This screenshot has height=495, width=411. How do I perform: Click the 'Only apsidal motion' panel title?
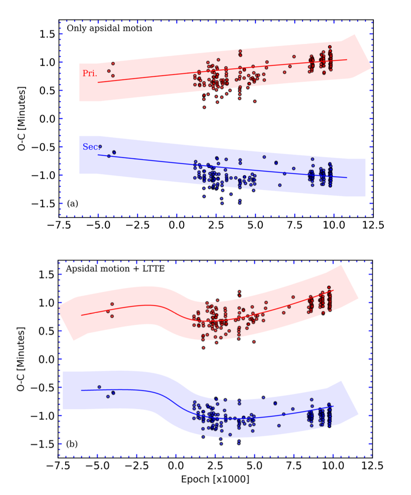click(x=109, y=28)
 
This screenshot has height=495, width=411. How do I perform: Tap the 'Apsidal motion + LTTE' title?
click(x=115, y=269)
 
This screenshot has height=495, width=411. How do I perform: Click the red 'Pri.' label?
click(x=90, y=73)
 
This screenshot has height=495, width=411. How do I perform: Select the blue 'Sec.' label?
click(x=91, y=147)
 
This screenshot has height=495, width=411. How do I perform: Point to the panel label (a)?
click(x=73, y=203)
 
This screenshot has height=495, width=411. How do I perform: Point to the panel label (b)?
click(x=72, y=444)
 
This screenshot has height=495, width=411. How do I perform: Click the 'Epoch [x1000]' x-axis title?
click(x=215, y=479)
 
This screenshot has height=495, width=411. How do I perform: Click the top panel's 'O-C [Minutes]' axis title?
click(x=22, y=118)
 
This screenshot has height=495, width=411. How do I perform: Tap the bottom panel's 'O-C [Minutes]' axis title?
click(x=21, y=359)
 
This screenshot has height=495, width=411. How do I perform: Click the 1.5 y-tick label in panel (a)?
click(x=47, y=34)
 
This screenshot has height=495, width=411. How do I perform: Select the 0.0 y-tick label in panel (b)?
click(x=46, y=360)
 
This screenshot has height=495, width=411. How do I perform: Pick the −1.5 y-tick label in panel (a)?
click(x=42, y=204)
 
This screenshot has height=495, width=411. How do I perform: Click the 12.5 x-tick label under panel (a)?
click(x=373, y=225)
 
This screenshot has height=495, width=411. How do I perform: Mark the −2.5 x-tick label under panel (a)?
click(x=138, y=225)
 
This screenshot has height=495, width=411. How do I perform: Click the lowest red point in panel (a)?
click(x=204, y=107)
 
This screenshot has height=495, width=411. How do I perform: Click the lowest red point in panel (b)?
click(x=204, y=348)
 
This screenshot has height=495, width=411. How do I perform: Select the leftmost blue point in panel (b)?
click(x=99, y=387)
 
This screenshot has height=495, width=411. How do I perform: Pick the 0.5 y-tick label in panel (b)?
click(x=46, y=331)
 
